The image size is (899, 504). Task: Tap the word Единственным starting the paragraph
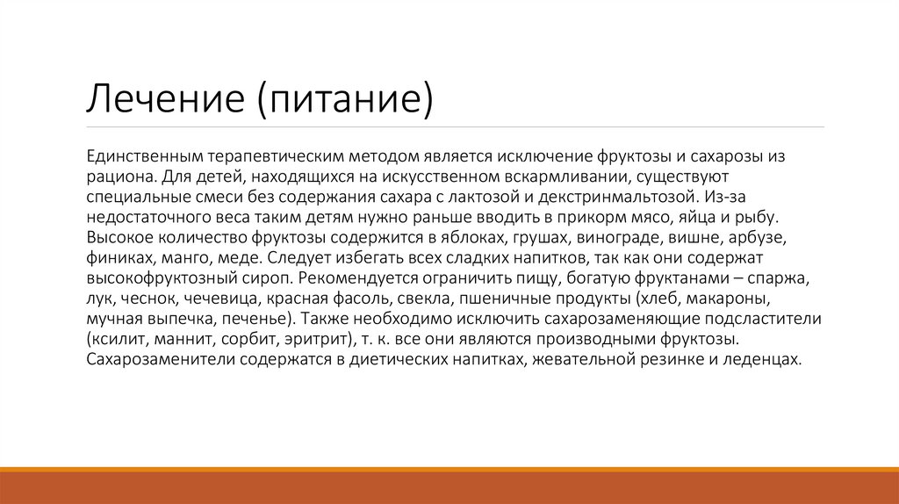click(144, 155)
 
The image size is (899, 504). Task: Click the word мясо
click(643, 216)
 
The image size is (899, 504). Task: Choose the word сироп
click(270, 278)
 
